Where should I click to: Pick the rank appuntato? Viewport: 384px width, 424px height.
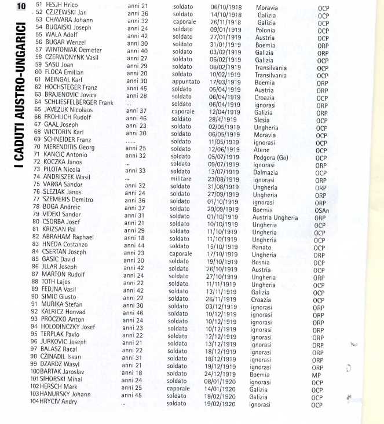click(x=186, y=82)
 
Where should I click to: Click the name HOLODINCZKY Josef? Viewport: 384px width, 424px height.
click(x=71, y=326)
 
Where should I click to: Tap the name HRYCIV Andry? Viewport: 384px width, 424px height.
click(x=65, y=405)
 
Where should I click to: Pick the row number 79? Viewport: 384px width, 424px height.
click(x=36, y=214)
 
